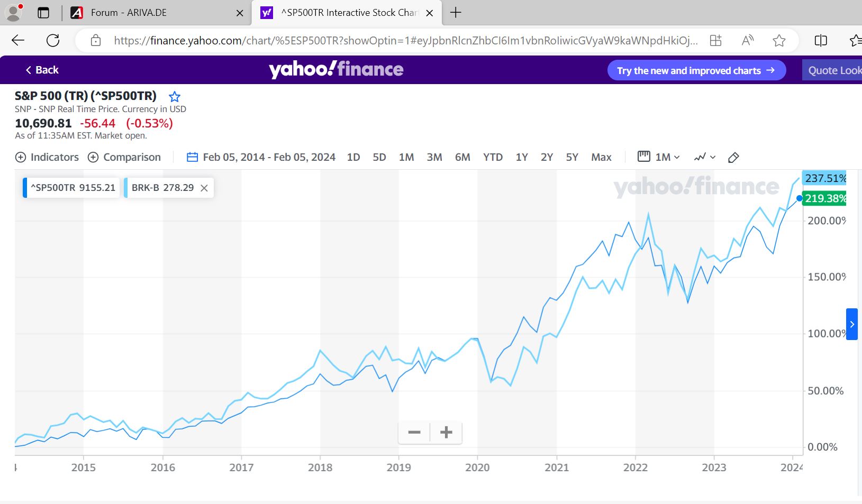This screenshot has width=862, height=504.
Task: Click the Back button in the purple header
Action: [x=42, y=70]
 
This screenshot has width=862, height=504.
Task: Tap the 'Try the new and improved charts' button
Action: [x=696, y=70]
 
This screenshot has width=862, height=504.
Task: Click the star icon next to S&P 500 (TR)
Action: [x=175, y=97]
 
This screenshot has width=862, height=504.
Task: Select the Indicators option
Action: [x=47, y=157]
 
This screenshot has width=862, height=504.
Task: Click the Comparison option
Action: [x=124, y=157]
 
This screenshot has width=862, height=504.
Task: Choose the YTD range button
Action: [x=493, y=157]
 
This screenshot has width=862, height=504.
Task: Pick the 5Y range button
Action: [x=572, y=157]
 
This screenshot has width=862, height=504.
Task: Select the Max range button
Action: [x=601, y=157]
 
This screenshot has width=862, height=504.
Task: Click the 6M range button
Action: [x=462, y=157]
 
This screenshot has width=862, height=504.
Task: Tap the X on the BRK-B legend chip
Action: [x=204, y=188]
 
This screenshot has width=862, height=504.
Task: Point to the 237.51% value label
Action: [x=825, y=178]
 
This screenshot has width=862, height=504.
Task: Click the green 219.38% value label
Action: [x=825, y=198]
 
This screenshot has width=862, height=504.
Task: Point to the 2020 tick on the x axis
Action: [x=477, y=468]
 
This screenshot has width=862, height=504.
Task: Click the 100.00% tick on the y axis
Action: [x=826, y=334]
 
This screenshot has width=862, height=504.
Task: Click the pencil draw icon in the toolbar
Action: [x=733, y=157]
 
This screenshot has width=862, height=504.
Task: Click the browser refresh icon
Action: [x=53, y=40]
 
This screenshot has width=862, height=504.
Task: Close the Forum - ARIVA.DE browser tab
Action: [x=240, y=13]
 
